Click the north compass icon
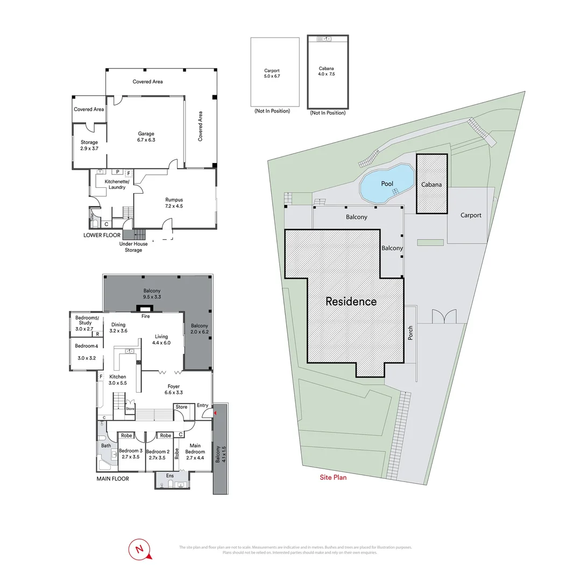pos(140,549)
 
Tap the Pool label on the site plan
pos(387,183)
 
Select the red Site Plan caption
pos(333,477)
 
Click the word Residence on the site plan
pos(351,301)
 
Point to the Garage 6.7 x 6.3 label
pos(145,137)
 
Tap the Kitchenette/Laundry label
pos(117,185)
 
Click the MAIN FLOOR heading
pos(112,478)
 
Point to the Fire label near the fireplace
pos(145,317)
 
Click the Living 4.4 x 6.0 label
pos(161,339)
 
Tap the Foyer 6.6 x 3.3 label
pos(173,389)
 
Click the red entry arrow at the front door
pos(216,413)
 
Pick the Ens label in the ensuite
pos(169,476)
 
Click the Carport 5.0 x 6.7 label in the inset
pos(272,74)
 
